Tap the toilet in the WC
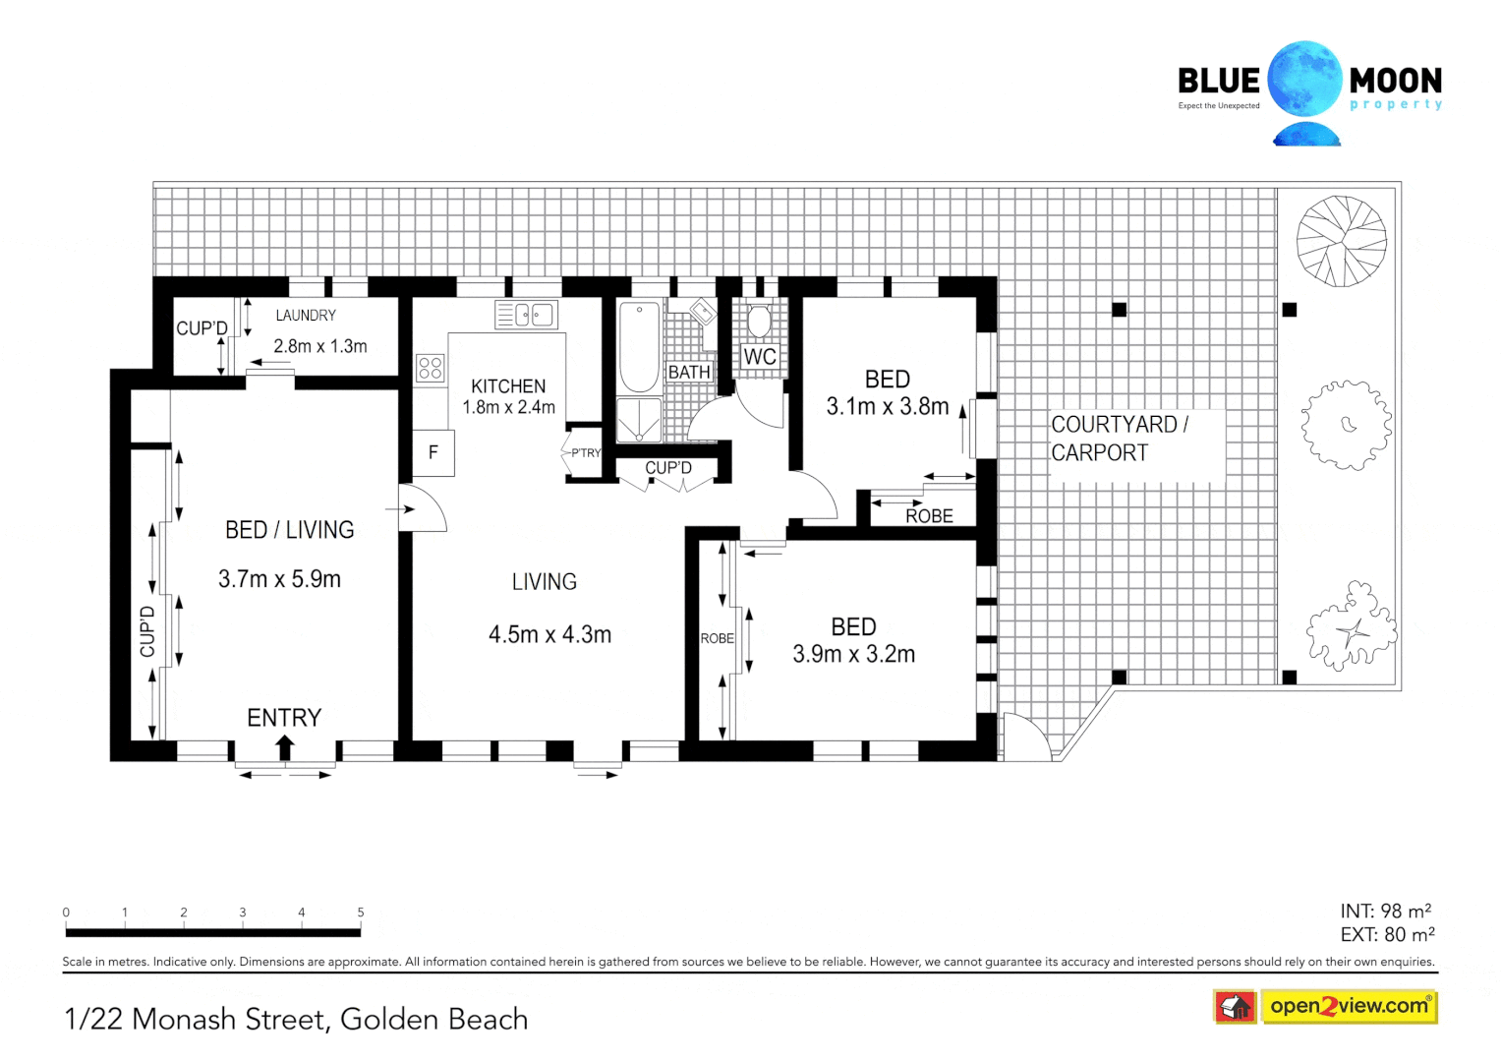pos(759,322)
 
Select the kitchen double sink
pos(526,315)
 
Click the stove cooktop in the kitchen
pos(430,368)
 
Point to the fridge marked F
pos(433,453)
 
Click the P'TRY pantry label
pos(586,453)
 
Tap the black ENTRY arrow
pos(285,746)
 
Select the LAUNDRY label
pos(306,316)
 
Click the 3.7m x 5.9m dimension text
pos(280,579)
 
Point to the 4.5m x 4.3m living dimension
pos(550,635)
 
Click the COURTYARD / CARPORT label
pos(1119,439)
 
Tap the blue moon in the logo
pos(1304,80)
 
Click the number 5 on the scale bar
pos(361,913)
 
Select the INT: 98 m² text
pos(1385,912)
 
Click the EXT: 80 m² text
pos(1387,935)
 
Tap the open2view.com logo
pos(1349,1006)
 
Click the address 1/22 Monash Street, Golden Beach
pos(296,1020)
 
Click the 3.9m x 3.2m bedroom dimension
pos(854,654)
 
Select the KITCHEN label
pos(508,386)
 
